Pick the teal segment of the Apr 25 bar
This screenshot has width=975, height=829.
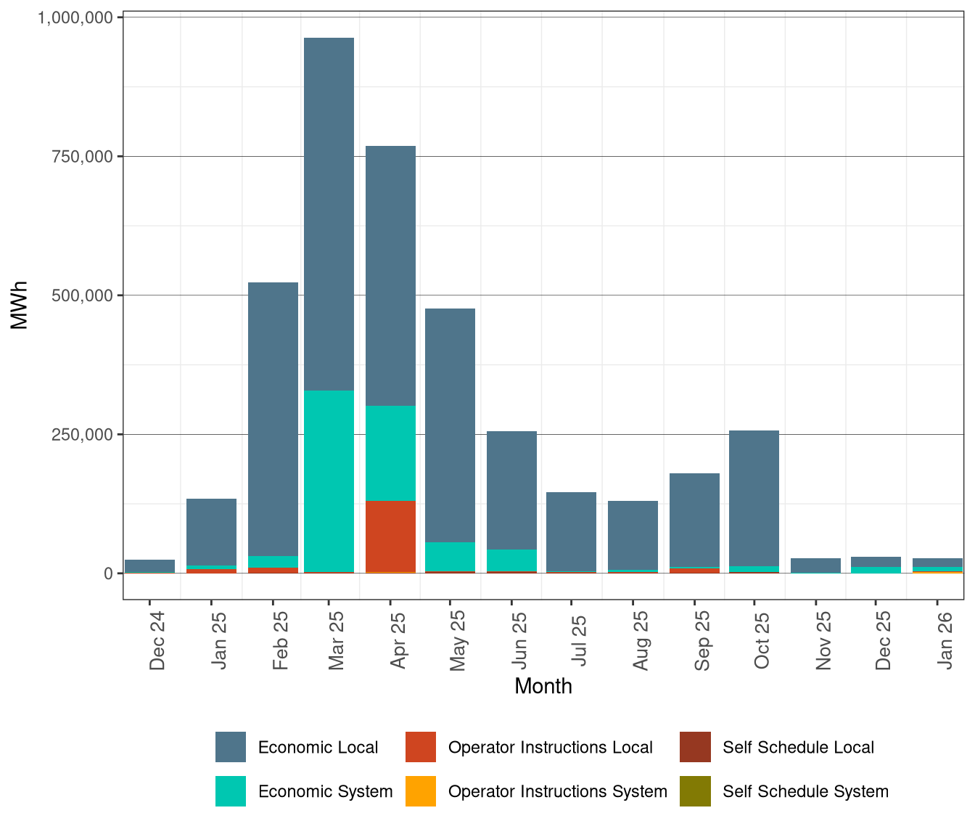390,453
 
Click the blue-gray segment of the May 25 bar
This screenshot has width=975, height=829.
450,425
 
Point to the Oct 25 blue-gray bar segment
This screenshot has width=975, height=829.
754,498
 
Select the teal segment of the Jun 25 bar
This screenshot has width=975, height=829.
511,560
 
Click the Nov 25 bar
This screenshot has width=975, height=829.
815,565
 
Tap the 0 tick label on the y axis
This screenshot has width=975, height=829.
108,573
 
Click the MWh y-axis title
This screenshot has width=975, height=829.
20,306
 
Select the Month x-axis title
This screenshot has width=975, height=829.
543,686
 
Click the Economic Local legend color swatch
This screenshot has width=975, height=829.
231,747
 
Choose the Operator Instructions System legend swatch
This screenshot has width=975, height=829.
421,791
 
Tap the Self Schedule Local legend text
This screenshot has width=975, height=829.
798,748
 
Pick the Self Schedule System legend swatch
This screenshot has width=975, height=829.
695,791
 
